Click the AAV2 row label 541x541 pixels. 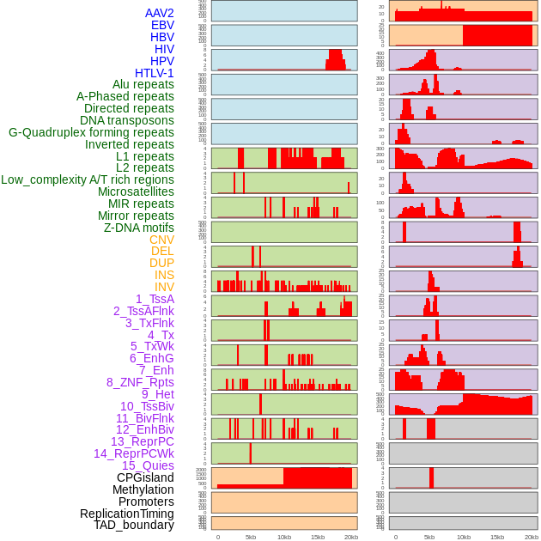pyautogui.click(x=159, y=14)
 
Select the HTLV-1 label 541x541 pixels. pyautogui.click(x=154, y=73)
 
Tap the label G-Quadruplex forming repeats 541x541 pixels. pyautogui.click(x=91, y=132)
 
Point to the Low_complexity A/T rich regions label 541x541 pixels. pyautogui.click(x=88, y=179)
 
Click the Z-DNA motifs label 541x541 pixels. pyautogui.click(x=138, y=228)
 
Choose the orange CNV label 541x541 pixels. pyautogui.click(x=161, y=240)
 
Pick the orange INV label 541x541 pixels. pyautogui.click(x=164, y=287)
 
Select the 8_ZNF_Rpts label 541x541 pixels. pyautogui.click(x=140, y=382)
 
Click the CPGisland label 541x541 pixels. pyautogui.click(x=145, y=477)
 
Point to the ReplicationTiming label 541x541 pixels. pyautogui.click(x=126, y=514)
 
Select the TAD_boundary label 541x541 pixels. pyautogui.click(x=133, y=525)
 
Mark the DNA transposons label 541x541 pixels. pyautogui.click(x=127, y=120)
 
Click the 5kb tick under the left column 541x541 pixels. pyautogui.click(x=251, y=537)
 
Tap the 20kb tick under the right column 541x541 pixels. pyautogui.click(x=532, y=537)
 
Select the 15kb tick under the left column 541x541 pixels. pyautogui.click(x=318, y=537)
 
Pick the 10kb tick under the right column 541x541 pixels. pyautogui.click(x=464, y=537)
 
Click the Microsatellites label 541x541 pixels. pyautogui.click(x=136, y=191)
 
